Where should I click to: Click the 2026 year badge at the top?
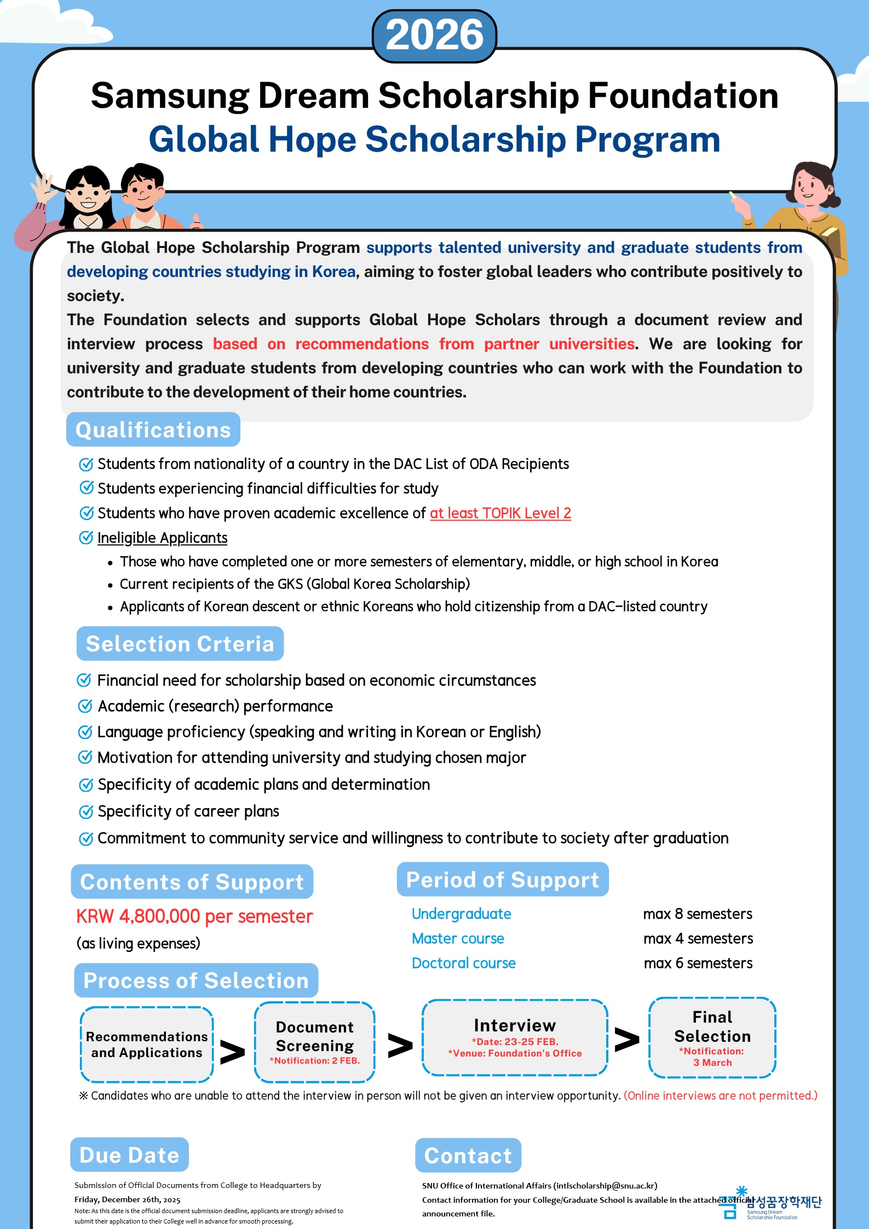(434, 36)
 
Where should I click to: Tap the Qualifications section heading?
(153, 430)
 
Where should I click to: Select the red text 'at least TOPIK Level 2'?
(500, 513)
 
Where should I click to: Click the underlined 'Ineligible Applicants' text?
(162, 538)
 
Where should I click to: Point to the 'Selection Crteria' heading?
(180, 644)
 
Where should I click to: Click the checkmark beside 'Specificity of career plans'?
(86, 811)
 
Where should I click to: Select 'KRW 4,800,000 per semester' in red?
(194, 916)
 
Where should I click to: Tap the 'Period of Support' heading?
(502, 880)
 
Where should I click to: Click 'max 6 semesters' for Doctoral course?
(698, 963)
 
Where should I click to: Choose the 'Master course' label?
(458, 938)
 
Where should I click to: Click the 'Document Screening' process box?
(314, 1042)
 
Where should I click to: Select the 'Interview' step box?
(514, 1037)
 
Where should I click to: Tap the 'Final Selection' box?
(712, 1037)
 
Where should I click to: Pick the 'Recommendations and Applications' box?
(146, 1045)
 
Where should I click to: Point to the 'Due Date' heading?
(129, 1155)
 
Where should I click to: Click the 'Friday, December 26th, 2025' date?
(127, 1199)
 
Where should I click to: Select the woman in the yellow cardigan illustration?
(805, 208)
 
